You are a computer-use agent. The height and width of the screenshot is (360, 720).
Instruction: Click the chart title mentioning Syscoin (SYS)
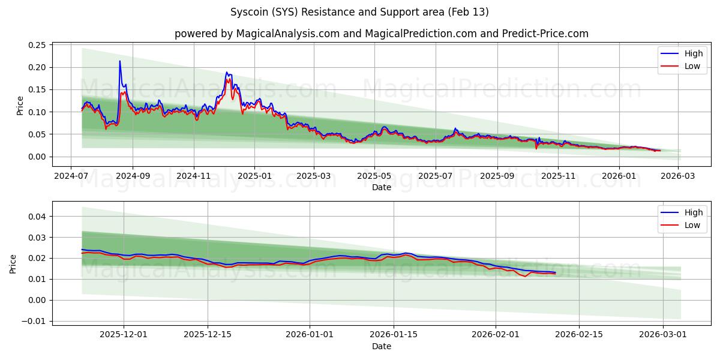(x=359, y=12)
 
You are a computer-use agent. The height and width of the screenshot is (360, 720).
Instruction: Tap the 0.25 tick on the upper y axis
(x=37, y=45)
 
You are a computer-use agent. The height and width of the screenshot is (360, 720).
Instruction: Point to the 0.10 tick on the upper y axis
(x=37, y=112)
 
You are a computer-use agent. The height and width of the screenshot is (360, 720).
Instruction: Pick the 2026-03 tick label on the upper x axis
(x=679, y=176)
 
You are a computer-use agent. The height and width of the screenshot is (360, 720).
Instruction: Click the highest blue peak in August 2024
(x=119, y=61)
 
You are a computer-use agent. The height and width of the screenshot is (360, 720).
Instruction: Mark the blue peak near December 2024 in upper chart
(x=227, y=73)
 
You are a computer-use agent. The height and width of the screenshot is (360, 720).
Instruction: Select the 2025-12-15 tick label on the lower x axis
(x=208, y=335)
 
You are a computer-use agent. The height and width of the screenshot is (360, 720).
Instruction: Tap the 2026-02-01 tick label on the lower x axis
(x=496, y=335)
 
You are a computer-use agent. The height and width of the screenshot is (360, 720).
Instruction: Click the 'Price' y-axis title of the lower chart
(x=13, y=263)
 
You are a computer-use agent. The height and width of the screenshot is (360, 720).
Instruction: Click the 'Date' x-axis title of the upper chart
(x=381, y=187)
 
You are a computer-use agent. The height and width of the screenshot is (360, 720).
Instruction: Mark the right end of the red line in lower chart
(x=555, y=274)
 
